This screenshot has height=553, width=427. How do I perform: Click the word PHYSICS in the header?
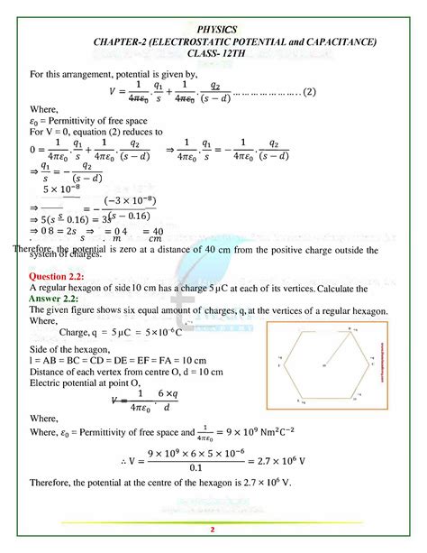point(213,29)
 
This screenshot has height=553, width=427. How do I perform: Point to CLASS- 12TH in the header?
point(213,55)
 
